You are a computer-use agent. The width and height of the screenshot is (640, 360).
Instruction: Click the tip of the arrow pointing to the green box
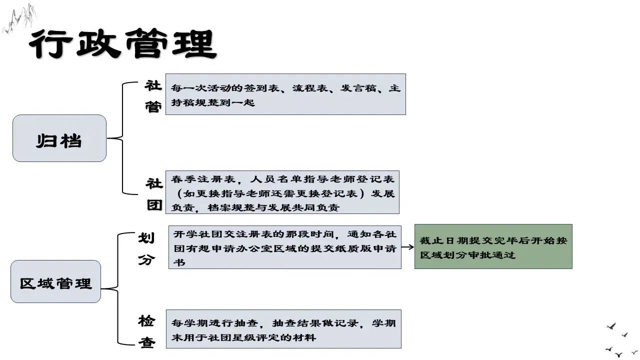pyautogui.click(x=414, y=247)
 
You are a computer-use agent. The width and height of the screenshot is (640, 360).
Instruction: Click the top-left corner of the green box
pyautogui.click(x=415, y=224)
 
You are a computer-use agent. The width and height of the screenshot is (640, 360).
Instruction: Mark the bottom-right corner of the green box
pyautogui.click(x=572, y=268)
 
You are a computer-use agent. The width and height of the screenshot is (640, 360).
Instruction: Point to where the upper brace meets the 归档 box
pyautogui.click(x=106, y=138)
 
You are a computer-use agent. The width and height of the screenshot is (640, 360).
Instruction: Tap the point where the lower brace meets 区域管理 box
pyautogui.click(x=101, y=289)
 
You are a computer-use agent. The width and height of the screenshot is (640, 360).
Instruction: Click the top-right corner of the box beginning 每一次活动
pyautogui.click(x=405, y=74)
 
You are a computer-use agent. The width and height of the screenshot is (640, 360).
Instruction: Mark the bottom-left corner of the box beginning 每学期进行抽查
pyautogui.click(x=166, y=348)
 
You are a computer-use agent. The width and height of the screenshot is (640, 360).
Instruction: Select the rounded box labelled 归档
pyautogui.click(x=59, y=138)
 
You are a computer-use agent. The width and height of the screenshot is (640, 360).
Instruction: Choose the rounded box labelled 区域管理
pyautogui.click(x=55, y=281)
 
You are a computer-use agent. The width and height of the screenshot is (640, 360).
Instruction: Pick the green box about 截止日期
pyautogui.click(x=493, y=246)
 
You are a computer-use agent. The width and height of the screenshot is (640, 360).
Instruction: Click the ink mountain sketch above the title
pyautogui.click(x=19, y=19)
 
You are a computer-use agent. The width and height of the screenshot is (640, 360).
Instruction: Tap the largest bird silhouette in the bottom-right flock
pyautogui.click(x=611, y=326)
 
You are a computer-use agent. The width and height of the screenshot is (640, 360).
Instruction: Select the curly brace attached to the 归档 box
pyautogui.click(x=122, y=138)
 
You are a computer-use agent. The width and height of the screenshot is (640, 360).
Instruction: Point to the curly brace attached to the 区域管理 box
pyautogui.click(x=118, y=289)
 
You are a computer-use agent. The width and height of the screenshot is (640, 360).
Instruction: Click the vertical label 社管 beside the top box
pyautogui.click(x=153, y=96)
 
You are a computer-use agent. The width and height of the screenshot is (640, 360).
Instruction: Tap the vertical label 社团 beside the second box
pyautogui.click(x=154, y=194)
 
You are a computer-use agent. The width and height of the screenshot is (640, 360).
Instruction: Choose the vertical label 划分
pyautogui.click(x=146, y=248)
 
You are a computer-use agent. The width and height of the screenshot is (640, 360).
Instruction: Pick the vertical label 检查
pyautogui.click(x=146, y=331)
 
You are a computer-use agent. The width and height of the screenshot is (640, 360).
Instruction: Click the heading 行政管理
pyautogui.click(x=123, y=43)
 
